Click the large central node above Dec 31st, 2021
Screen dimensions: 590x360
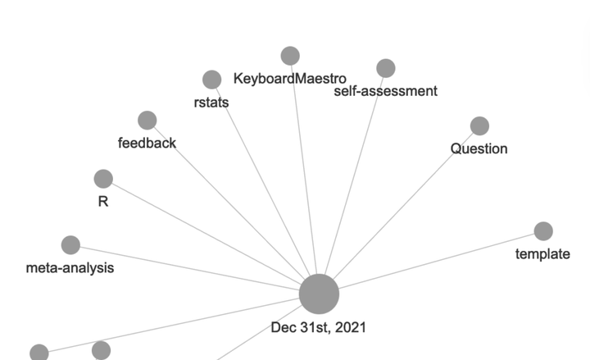pos(319,294)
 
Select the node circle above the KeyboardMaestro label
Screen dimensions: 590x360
pos(290,56)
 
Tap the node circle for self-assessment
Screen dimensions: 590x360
pos(386,68)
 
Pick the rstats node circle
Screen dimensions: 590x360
pos(212,80)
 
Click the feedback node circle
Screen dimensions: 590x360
pos(147,120)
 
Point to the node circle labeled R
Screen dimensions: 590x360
pos(103,179)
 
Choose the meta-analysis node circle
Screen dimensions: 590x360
pos(70,245)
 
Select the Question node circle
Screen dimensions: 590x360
pos(479,125)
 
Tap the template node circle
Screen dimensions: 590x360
pos(543,230)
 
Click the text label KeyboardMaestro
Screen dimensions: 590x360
pos(290,79)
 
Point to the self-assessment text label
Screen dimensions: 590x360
pos(386,91)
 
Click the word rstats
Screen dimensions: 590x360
pos(211,103)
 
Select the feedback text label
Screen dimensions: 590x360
pos(147,143)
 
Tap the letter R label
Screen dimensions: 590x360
pos(103,202)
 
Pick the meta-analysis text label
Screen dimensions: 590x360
pos(70,268)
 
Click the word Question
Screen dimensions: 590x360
pos(479,148)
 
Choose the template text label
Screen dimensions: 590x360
pos(542,254)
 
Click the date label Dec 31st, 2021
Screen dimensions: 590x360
pos(318,328)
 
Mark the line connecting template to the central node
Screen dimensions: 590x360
pos(437,261)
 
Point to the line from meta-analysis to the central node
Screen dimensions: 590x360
pos(189,268)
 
